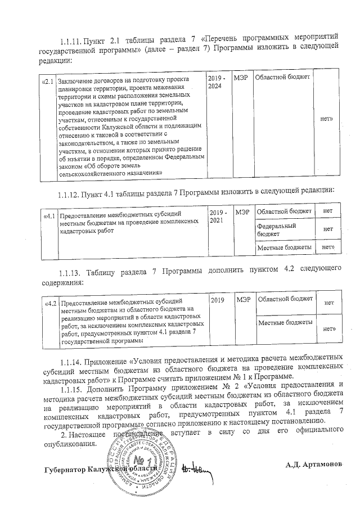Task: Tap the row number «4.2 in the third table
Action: coord(51,304)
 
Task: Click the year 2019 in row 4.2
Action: coord(218,301)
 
